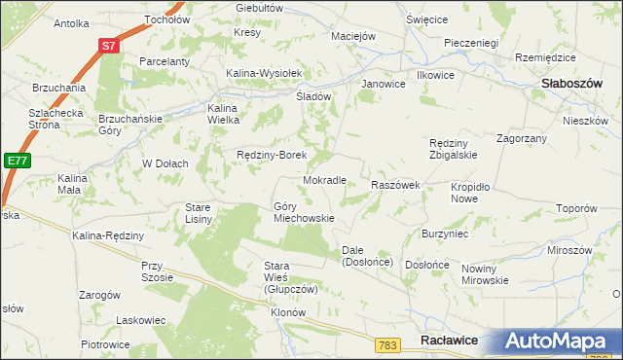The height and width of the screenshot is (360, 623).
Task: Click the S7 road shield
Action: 109,46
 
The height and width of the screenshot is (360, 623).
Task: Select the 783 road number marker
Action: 388,344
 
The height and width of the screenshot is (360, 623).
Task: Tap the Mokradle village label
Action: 325,181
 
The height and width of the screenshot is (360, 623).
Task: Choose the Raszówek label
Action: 395,185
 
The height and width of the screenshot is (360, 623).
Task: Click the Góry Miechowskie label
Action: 304,212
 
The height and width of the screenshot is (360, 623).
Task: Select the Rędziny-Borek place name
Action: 273,155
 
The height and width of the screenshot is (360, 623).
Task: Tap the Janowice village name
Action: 383,84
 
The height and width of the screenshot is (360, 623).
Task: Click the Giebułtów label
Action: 259,7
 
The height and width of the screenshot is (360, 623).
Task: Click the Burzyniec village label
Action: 445,234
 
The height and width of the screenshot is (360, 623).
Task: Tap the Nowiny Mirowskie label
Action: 486,274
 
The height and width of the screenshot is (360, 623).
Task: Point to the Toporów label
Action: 575,208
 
